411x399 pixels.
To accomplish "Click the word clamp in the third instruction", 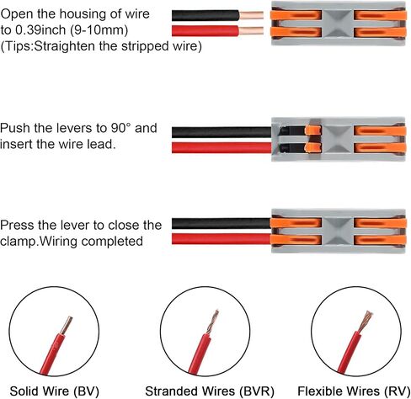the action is [19, 242].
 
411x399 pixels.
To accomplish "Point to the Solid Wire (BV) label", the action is [55, 391].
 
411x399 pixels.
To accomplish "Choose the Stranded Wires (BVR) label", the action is [210, 391].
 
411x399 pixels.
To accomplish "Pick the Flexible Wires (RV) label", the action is [354, 391].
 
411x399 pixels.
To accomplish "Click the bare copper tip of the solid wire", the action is [67, 325].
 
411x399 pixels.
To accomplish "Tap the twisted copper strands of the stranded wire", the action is [212, 322].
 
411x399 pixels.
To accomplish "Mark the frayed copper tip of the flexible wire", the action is [366, 322].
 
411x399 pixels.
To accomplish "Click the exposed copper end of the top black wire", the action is [251, 15].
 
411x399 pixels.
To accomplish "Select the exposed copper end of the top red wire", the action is [251, 31].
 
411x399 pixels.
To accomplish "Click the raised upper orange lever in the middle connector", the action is [312, 130].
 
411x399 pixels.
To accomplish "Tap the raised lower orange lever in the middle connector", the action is [312, 147].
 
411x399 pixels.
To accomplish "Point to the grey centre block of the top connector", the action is [338, 24].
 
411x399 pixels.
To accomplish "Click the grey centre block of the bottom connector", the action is [338, 231].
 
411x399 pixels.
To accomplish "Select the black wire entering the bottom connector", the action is [222, 223].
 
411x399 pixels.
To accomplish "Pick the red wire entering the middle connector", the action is [222, 147].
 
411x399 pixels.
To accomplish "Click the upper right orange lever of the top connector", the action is [380, 15].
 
